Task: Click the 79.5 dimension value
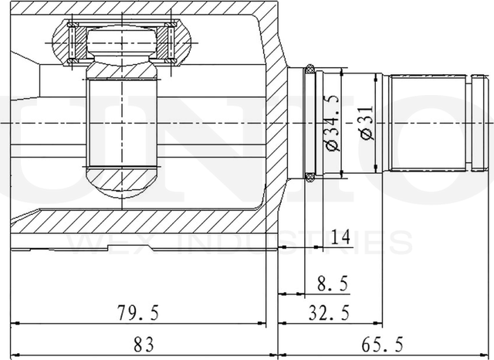(x=139, y=313)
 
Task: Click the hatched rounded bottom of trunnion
(x=124, y=185)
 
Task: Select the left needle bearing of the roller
(x=75, y=42)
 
